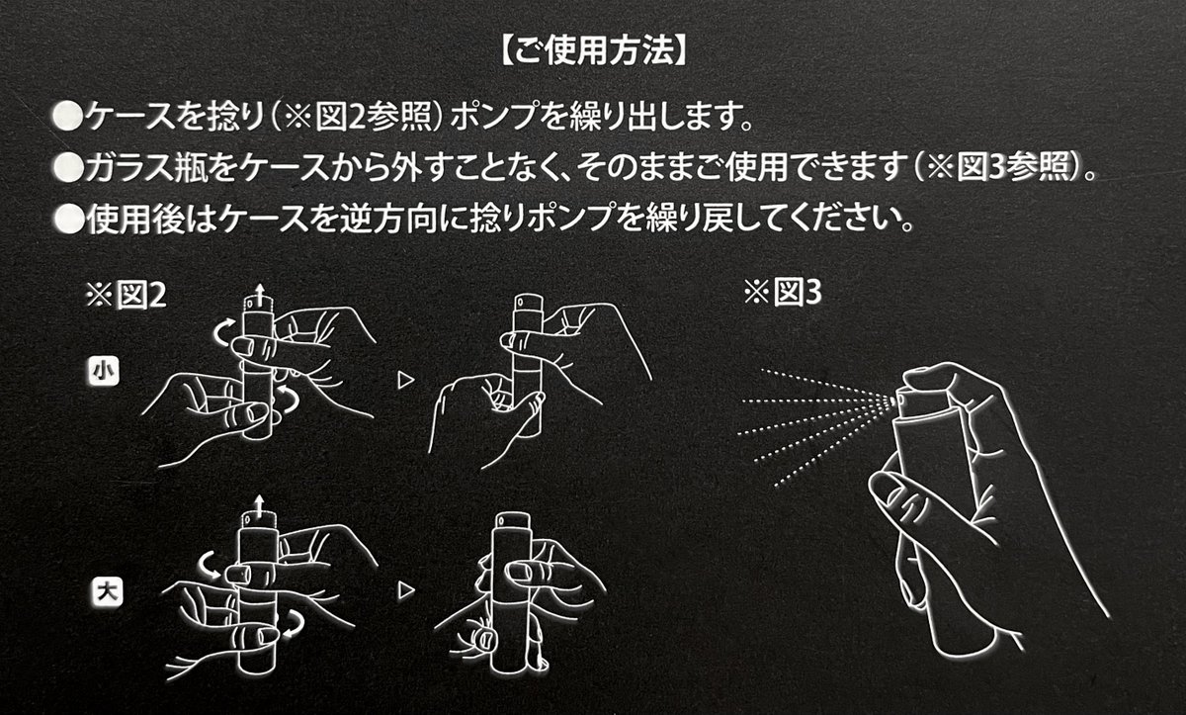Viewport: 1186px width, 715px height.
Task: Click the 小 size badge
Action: coord(102,372)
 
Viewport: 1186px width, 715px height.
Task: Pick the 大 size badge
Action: coord(102,592)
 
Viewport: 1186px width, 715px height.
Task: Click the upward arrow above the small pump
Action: coord(260,291)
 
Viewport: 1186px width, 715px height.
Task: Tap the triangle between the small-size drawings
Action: coord(402,378)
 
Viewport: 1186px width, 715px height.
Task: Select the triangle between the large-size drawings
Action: coord(402,591)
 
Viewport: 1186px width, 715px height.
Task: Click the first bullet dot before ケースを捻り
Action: coord(66,121)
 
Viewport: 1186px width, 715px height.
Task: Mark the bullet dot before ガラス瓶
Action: coord(66,168)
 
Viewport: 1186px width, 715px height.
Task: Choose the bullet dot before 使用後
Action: coord(66,216)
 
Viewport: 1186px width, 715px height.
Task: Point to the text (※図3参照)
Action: coord(998,168)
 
